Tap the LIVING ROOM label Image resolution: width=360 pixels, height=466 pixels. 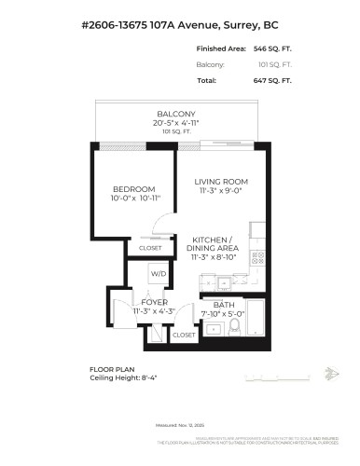tap(220, 182)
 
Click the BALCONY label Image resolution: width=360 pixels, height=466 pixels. tap(174, 114)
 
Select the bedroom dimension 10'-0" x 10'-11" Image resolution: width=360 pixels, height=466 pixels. tap(137, 199)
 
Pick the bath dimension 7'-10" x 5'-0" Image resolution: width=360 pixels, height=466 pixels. tap(224, 314)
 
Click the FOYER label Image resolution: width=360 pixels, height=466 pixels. tap(153, 302)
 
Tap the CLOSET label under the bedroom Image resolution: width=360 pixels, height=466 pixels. tap(150, 248)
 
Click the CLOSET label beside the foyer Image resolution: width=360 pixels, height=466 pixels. tap(184, 334)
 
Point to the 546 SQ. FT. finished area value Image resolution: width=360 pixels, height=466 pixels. tap(273, 48)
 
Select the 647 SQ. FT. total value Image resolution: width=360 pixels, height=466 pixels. tap(273, 81)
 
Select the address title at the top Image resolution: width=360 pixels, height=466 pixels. tap(180, 22)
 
